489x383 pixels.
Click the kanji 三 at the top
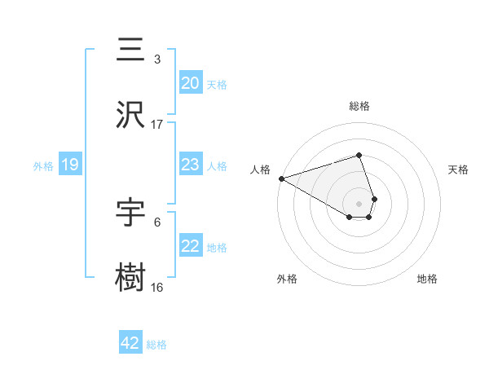130,51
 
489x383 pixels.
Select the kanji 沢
130,116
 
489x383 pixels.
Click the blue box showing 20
190,83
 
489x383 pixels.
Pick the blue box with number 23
190,165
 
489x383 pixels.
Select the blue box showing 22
190,246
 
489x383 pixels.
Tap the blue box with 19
70,165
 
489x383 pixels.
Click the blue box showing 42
130,343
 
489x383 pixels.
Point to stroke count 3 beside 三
156,59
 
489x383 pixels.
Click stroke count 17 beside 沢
156,125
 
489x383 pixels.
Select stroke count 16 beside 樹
156,288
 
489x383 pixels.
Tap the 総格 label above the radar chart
359,106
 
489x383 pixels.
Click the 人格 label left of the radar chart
260,169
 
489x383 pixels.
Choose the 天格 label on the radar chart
458,169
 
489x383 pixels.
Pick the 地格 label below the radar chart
427,279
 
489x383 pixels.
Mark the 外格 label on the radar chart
287,279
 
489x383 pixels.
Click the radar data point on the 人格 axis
281,178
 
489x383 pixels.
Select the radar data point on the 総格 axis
359,155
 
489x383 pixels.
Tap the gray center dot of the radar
359,203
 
